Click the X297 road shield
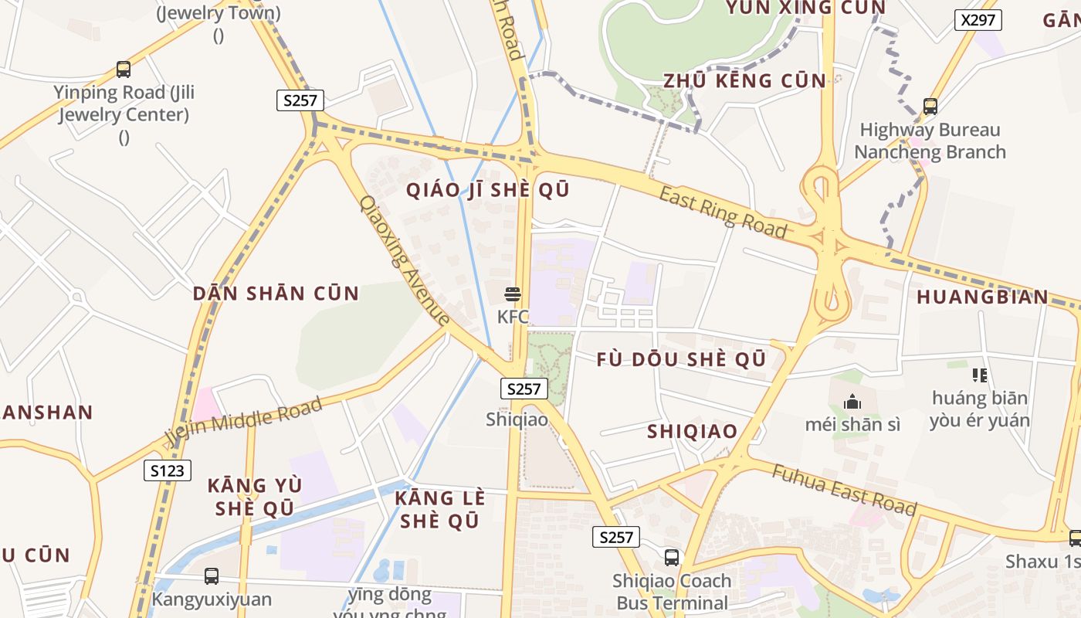pos(978,20)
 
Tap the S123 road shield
pos(168,470)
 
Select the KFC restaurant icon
pos(513,294)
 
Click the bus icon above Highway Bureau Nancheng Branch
pos(930,107)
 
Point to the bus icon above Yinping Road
pos(124,70)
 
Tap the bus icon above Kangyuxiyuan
pos(211,576)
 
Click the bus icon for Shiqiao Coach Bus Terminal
pos(672,558)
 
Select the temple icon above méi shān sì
pos(852,402)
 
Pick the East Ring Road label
pos(723,212)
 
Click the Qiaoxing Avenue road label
pos(405,260)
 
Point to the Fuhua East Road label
pos(844,491)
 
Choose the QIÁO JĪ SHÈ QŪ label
pos(488,190)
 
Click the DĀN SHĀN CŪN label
pos(276,294)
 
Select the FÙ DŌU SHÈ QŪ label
pos(681,360)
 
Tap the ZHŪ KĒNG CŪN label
pos(745,80)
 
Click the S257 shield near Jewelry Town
pos(300,100)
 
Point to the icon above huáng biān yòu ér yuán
pos(980,376)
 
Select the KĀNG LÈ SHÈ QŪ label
pos(440,509)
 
